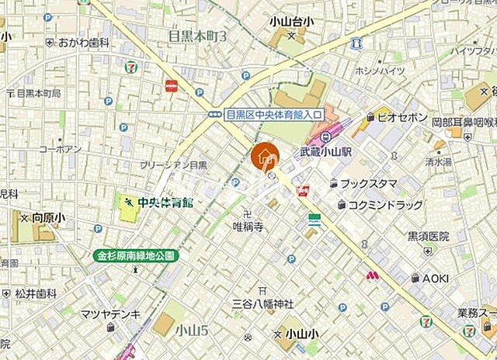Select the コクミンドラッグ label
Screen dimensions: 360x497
click(385, 205)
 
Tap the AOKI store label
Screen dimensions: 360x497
click(436, 277)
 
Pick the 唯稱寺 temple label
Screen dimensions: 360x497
click(248, 227)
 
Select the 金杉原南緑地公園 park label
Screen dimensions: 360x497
click(137, 254)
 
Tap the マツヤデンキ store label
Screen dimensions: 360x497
click(111, 313)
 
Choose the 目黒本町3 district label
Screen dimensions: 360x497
click(197, 36)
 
